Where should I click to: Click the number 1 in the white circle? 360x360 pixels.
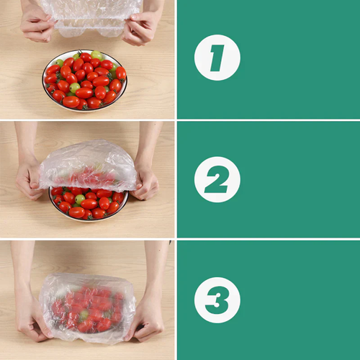coord(217,57)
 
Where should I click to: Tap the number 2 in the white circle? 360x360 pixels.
coord(217,179)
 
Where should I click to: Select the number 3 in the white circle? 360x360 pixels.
coord(217,300)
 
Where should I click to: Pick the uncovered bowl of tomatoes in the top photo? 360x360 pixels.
coord(84,80)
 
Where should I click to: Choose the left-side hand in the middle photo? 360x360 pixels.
coord(30,176)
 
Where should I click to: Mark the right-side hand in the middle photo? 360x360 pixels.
coord(145,180)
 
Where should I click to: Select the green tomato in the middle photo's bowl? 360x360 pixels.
coord(80,198)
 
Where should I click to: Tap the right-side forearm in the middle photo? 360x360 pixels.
coord(150,140)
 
